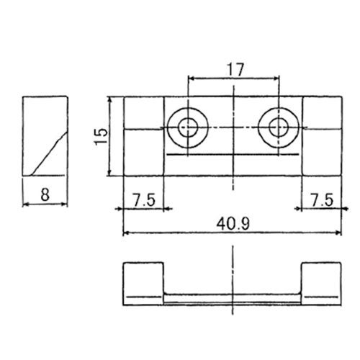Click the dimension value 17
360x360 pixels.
click(236, 70)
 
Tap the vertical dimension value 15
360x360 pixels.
click(101, 136)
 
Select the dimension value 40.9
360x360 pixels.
click(233, 224)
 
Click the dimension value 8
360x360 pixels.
click(45, 194)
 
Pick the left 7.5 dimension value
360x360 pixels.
click(144, 199)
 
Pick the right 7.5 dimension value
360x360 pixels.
click(322, 199)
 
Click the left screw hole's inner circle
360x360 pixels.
click(188, 127)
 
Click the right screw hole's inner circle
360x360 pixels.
click(279, 127)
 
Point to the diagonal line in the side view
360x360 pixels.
click(49, 153)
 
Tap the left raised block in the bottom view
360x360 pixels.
click(143, 284)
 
